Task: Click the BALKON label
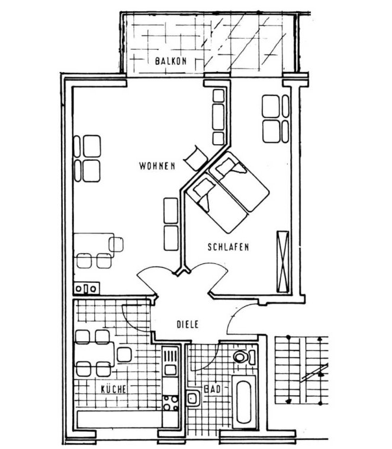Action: point(171,61)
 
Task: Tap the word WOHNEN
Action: point(157,166)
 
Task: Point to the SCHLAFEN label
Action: point(228,247)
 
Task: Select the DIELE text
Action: point(188,324)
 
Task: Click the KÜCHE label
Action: point(114,389)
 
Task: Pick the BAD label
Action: point(213,389)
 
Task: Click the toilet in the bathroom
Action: point(245,357)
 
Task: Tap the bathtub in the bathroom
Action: point(244,402)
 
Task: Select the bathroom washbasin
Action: point(194,398)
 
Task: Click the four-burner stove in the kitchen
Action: point(171,403)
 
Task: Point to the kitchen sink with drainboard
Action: point(171,361)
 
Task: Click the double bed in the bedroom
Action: point(228,192)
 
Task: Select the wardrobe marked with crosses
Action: point(283,262)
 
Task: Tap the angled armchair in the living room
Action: point(196,158)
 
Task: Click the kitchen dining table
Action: point(94,354)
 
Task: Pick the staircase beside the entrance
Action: point(301,370)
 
